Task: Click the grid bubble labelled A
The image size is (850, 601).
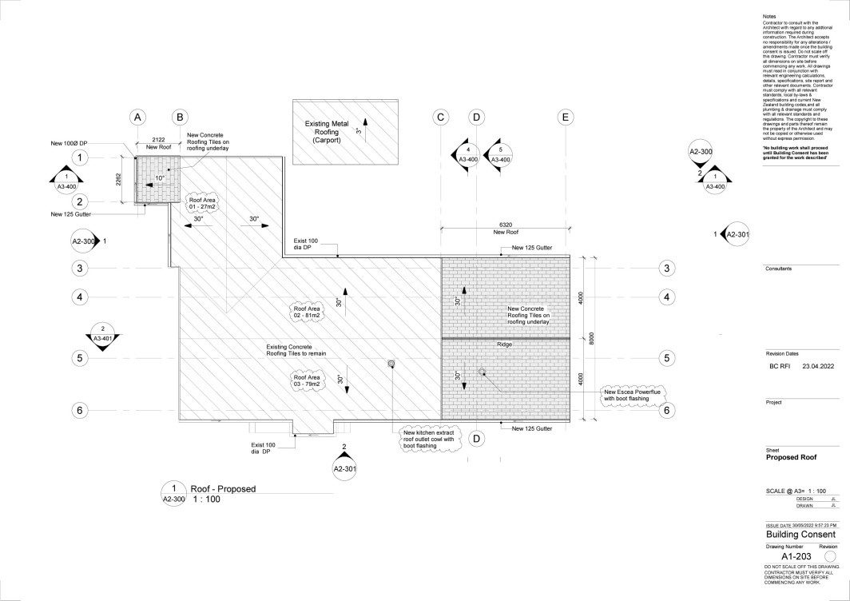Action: click(137, 117)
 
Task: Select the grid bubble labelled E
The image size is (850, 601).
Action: click(565, 117)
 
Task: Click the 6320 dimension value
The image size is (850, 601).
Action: click(505, 225)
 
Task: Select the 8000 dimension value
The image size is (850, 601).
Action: click(592, 337)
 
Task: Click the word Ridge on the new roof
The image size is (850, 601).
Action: click(504, 344)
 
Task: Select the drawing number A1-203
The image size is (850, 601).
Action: click(796, 556)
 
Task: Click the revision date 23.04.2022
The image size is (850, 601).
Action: click(818, 365)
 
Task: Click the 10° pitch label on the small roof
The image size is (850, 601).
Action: click(160, 177)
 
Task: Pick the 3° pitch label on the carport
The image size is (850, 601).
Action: click(359, 131)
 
